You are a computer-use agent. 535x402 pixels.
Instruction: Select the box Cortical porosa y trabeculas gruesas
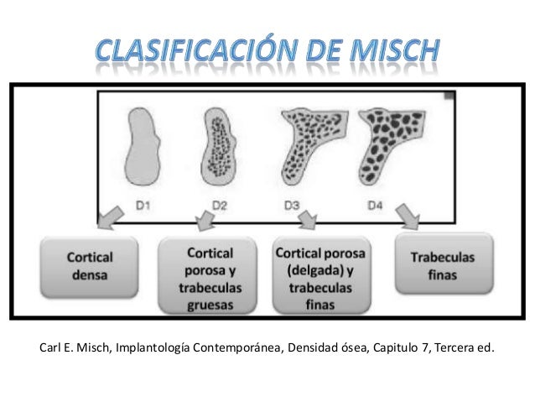click(210, 276)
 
